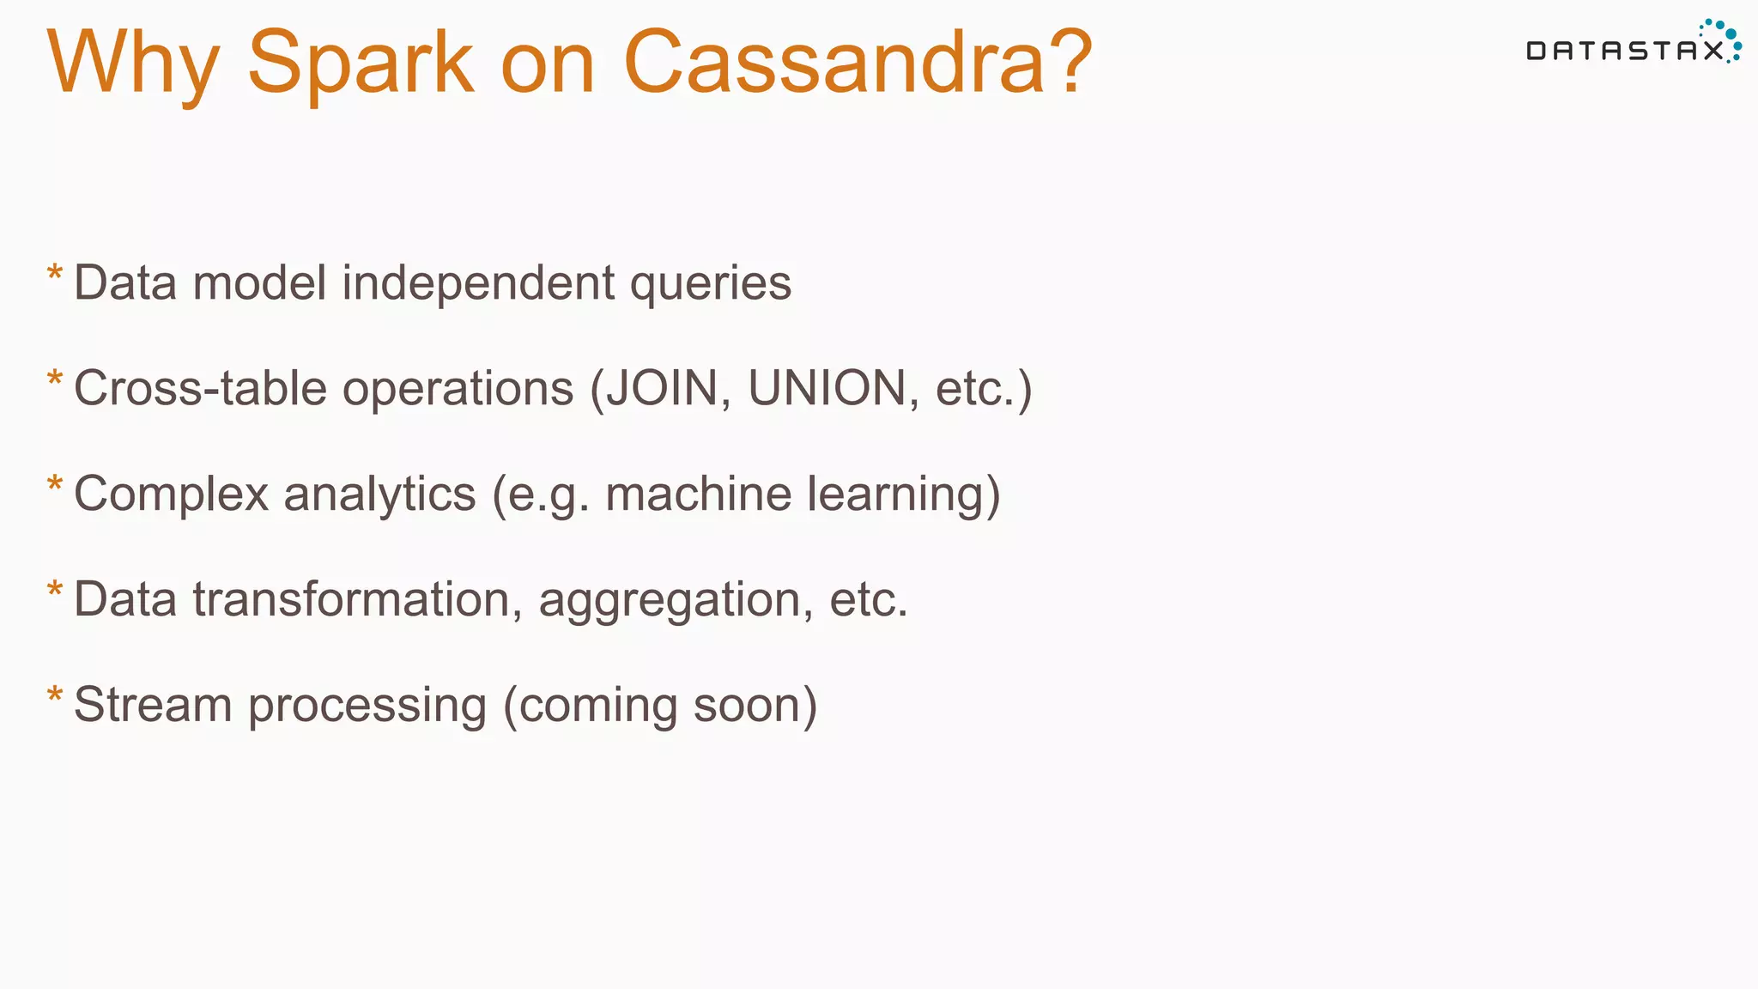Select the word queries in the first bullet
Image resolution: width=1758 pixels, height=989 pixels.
point(711,283)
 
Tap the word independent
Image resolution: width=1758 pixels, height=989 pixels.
point(478,282)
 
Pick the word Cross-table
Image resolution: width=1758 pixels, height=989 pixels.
point(200,388)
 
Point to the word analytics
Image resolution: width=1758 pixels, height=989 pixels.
point(379,494)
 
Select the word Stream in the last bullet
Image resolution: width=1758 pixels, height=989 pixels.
point(153,705)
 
